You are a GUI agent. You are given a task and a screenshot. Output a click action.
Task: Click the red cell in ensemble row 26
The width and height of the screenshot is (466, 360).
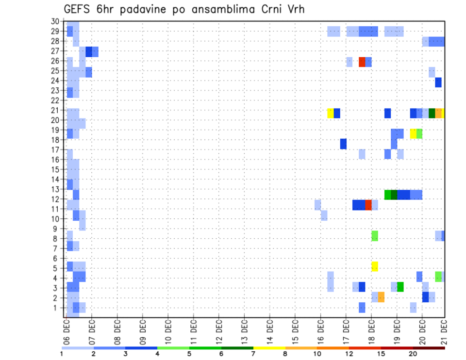tap(362, 62)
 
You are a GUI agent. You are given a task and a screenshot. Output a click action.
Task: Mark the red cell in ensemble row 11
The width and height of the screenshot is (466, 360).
tap(368, 205)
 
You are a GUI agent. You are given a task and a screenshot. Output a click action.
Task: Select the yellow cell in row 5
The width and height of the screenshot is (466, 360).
tap(375, 266)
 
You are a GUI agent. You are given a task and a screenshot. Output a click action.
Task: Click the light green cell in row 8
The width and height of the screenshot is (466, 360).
tap(375, 236)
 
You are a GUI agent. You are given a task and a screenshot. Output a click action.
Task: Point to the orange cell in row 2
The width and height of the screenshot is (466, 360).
tap(381, 297)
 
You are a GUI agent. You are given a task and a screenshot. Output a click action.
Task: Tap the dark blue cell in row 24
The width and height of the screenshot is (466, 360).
tap(438, 82)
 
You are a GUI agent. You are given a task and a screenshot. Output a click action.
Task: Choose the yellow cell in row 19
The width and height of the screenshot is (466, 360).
tap(413, 133)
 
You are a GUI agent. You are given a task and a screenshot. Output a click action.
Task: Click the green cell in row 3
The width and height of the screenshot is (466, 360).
tap(400, 287)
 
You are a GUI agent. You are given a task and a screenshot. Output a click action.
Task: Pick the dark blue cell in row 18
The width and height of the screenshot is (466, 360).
tap(343, 144)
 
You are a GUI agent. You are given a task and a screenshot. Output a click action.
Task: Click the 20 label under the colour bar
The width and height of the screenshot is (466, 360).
tap(413, 354)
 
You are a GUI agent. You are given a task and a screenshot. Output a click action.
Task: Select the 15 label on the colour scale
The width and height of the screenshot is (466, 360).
tap(381, 354)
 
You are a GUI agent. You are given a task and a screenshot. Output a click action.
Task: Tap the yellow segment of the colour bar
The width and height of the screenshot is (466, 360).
tap(269, 348)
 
